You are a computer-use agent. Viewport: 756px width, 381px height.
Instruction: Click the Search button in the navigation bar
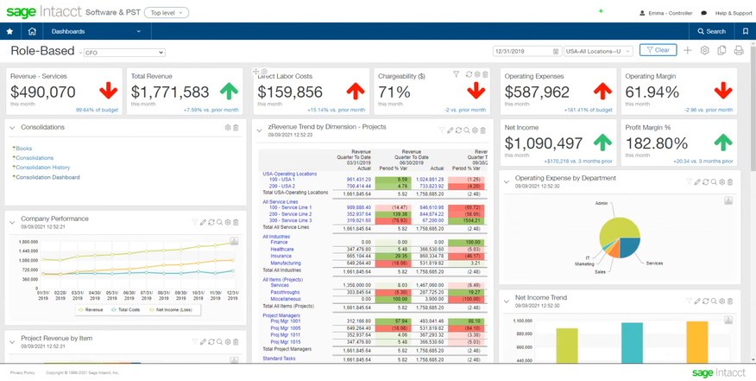click(x=712, y=31)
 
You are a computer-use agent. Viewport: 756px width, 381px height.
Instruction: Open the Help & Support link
click(x=733, y=13)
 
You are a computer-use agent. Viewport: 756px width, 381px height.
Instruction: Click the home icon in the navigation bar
click(x=32, y=31)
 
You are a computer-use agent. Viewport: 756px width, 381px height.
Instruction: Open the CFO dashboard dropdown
click(x=123, y=53)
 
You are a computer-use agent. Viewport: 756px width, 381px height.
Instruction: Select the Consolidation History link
click(x=43, y=168)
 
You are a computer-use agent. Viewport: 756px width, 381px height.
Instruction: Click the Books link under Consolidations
click(x=24, y=149)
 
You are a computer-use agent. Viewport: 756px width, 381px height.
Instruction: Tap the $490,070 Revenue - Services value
click(x=43, y=92)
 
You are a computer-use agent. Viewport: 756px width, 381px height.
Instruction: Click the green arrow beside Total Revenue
click(x=229, y=91)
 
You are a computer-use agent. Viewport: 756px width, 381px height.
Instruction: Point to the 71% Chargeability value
click(x=394, y=92)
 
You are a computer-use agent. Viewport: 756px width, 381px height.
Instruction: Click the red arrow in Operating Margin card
click(x=723, y=91)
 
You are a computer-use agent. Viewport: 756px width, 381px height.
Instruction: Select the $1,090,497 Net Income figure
click(x=545, y=144)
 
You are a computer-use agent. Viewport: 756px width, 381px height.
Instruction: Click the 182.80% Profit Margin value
click(x=656, y=144)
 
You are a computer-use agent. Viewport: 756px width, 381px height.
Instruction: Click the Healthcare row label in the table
click(x=281, y=250)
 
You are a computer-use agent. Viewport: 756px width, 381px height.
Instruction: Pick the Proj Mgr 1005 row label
click(x=285, y=328)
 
